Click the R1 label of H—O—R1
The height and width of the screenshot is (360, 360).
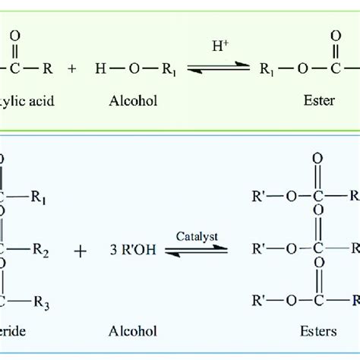169,68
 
